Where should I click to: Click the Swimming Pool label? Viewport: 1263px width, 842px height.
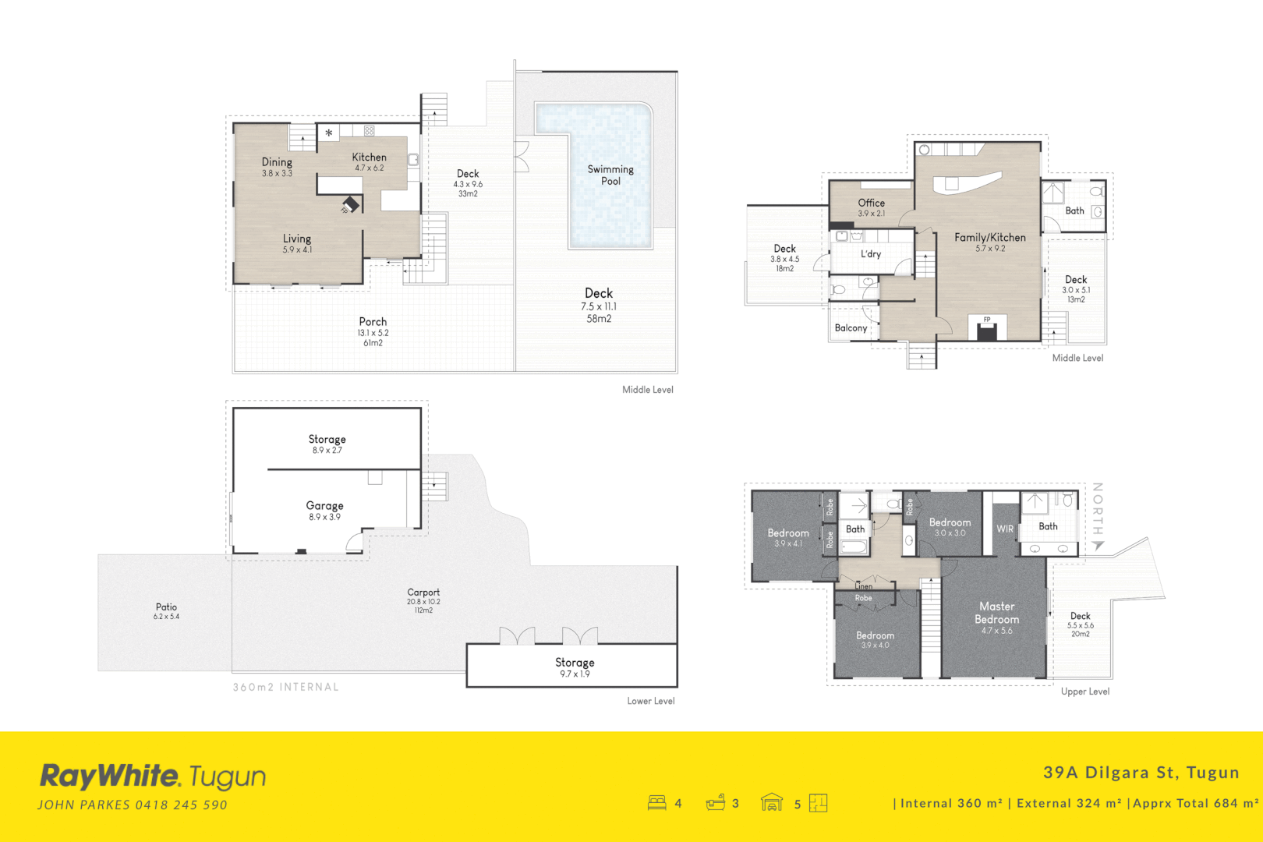[x=610, y=175]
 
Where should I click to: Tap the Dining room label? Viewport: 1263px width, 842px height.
[x=277, y=166]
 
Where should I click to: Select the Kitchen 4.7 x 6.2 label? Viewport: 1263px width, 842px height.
[x=370, y=161]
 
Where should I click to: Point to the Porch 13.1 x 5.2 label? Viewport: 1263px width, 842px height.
[x=373, y=331]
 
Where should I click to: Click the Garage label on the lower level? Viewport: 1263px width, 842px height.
[x=324, y=510]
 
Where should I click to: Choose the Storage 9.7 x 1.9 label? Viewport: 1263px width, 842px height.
[x=575, y=667]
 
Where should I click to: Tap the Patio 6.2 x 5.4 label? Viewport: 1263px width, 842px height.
[x=166, y=610]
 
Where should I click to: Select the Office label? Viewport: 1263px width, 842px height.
[x=871, y=207]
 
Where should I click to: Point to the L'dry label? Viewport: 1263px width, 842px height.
[x=871, y=254]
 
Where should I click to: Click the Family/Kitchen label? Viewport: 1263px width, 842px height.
[x=990, y=242]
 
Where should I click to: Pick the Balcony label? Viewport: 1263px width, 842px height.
[x=851, y=328]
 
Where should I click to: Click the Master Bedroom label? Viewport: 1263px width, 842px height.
[x=997, y=617]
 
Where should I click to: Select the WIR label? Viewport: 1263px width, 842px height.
[x=1005, y=529]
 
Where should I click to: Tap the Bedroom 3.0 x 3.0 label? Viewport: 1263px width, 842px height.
[x=950, y=527]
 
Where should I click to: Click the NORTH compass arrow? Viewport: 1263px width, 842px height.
[x=1098, y=545]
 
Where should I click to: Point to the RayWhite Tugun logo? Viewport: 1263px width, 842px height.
[x=153, y=777]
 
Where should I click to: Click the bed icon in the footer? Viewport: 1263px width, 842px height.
[x=656, y=802]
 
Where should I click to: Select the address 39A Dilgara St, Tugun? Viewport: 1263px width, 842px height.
[x=1141, y=772]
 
